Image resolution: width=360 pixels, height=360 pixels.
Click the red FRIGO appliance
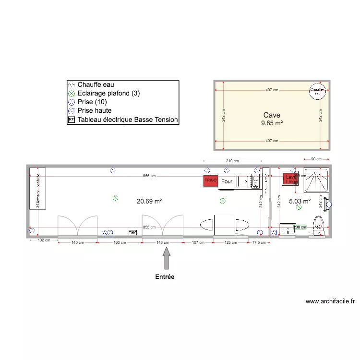(x=211, y=180)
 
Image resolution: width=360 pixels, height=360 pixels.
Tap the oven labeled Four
(x=227, y=181)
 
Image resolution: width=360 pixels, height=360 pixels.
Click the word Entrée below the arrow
(x=165, y=277)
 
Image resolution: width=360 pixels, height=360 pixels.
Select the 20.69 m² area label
(x=149, y=202)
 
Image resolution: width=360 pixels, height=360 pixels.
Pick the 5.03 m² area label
(x=300, y=202)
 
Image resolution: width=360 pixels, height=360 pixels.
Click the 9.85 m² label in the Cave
(x=272, y=123)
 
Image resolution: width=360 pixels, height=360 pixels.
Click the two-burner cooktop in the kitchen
(x=255, y=181)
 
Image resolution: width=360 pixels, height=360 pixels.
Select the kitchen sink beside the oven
(x=243, y=181)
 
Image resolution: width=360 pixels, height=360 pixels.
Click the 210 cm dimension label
(x=233, y=161)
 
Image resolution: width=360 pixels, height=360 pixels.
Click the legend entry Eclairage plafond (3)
(x=108, y=93)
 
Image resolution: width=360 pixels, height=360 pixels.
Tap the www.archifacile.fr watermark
(x=331, y=302)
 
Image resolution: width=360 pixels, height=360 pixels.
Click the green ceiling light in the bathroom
(x=299, y=207)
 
